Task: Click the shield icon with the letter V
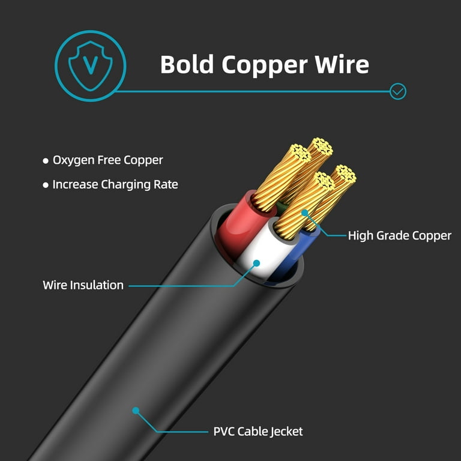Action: (x=90, y=66)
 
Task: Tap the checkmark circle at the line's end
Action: (x=398, y=91)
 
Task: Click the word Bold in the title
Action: (x=187, y=64)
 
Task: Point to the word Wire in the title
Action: (x=342, y=64)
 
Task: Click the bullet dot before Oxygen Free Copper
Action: (x=46, y=161)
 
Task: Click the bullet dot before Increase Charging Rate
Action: (x=46, y=185)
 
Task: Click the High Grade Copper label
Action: (x=400, y=236)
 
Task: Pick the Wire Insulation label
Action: (x=83, y=285)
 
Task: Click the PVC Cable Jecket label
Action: (x=258, y=432)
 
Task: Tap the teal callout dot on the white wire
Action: (x=257, y=263)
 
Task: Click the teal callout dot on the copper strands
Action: (x=305, y=212)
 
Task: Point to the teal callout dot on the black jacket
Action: (x=136, y=411)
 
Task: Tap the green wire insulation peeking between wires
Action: (x=282, y=208)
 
